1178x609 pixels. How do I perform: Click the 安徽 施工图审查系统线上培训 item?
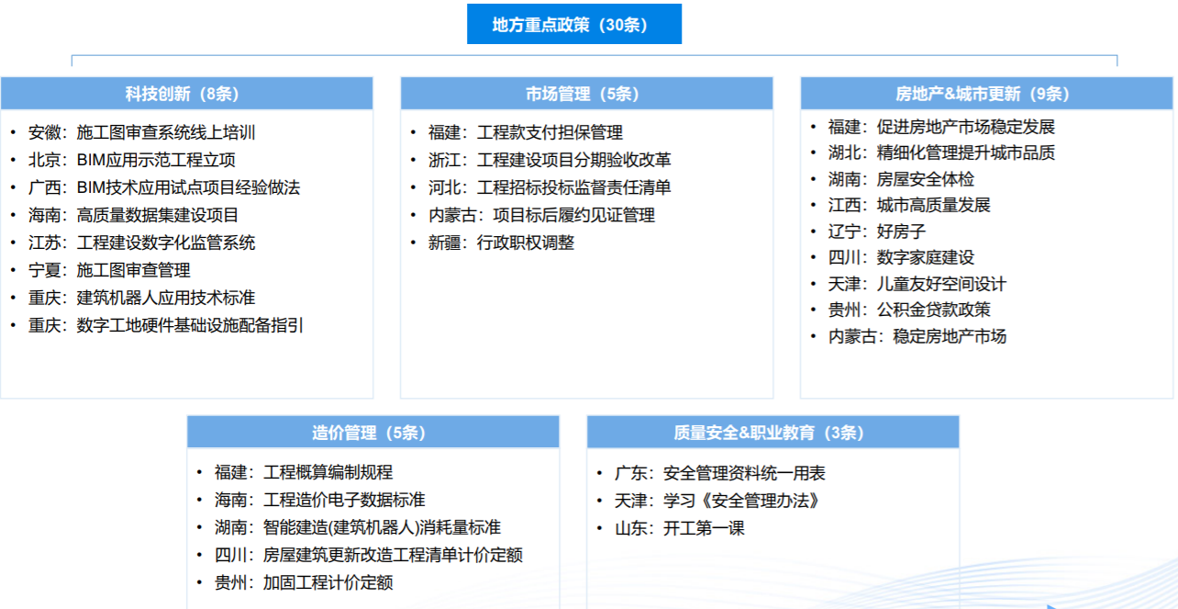[142, 132]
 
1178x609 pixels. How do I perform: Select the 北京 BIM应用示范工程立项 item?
[132, 160]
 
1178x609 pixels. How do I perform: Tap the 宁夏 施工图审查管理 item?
[109, 270]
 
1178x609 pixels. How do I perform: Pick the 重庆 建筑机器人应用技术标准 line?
[142, 298]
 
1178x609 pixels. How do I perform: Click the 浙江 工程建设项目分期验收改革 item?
[550, 160]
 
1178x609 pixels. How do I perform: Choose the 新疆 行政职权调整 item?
[501, 242]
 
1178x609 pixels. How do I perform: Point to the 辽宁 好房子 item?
[877, 231]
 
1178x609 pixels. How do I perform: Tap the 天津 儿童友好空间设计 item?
[917, 284]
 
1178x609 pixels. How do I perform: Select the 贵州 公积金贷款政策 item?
[909, 310]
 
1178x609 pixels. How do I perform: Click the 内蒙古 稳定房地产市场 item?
[917, 336]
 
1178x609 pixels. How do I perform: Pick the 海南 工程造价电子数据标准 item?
[320, 500]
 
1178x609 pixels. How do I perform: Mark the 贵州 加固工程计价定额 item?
[304, 582]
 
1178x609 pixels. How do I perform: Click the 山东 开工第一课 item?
[680, 528]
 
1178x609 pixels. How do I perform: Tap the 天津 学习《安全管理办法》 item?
[717, 501]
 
